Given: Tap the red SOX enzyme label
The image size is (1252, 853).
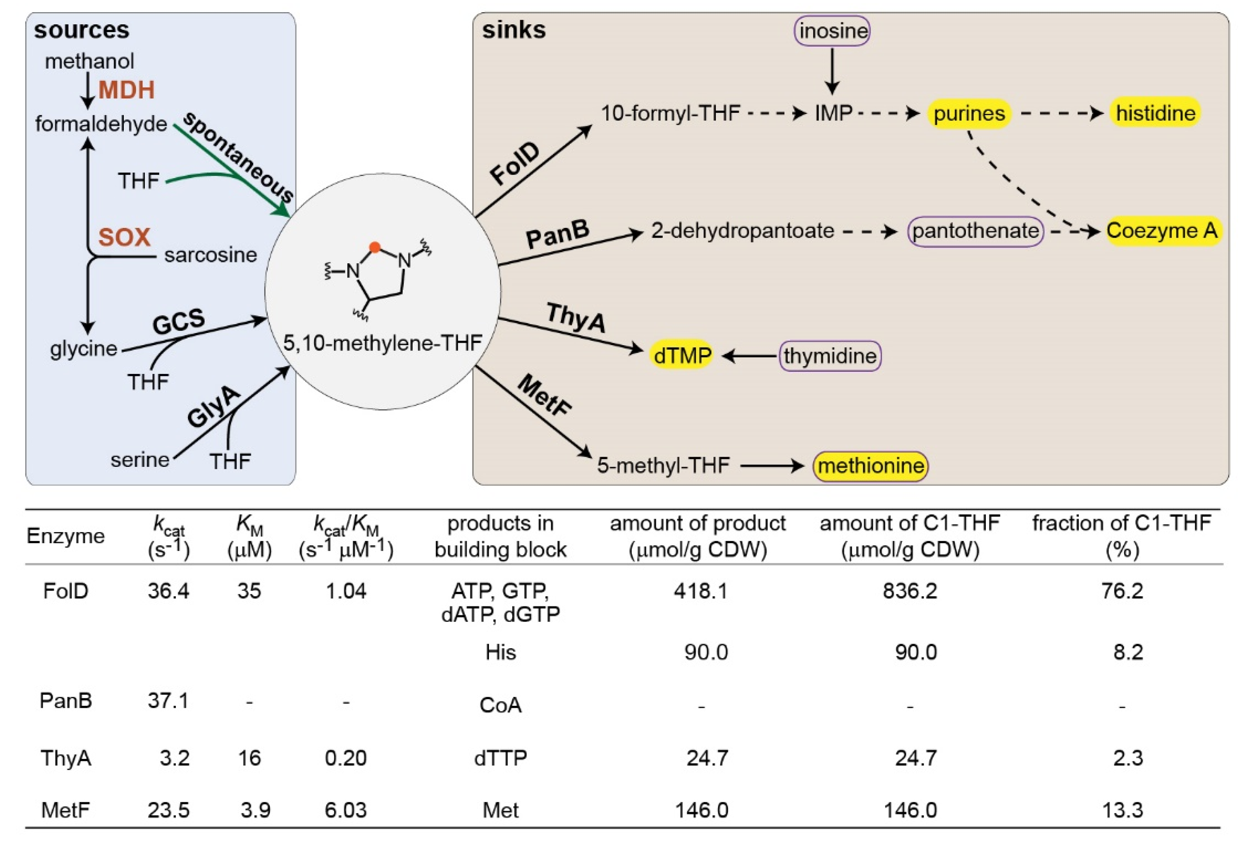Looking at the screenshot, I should click(124, 237).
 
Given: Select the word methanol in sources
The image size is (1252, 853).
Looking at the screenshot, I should click(89, 61).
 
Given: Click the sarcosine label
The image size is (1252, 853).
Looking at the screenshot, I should click(211, 255).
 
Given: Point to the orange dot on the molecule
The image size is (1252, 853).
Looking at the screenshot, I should click(375, 247).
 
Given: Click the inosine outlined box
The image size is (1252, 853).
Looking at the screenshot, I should click(832, 31).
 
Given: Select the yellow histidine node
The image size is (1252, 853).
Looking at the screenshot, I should click(1155, 113).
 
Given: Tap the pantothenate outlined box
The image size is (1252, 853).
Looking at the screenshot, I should click(976, 231).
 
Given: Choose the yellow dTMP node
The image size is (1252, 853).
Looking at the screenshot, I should click(682, 355).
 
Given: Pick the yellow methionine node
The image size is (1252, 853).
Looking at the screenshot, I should click(871, 465).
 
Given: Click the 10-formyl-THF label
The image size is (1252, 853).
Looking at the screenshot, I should click(670, 113).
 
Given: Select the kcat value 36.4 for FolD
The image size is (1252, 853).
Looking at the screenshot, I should click(168, 591).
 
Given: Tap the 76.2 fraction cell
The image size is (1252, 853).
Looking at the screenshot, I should click(1122, 591).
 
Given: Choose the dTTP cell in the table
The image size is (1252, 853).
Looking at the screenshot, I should click(500, 758).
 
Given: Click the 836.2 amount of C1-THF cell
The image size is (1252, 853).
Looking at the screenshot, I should click(910, 591).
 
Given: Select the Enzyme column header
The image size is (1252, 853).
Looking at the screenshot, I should click(65, 536).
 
